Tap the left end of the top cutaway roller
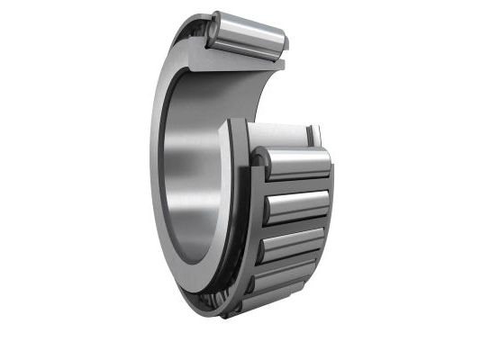(214, 30)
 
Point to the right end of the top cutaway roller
(282, 40)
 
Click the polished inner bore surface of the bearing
(193, 171)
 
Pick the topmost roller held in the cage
(295, 164)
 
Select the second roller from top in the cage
(295, 206)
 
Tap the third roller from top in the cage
(291, 244)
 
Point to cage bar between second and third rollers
(294, 227)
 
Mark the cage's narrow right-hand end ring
(326, 216)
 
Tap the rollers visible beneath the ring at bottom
(212, 299)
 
